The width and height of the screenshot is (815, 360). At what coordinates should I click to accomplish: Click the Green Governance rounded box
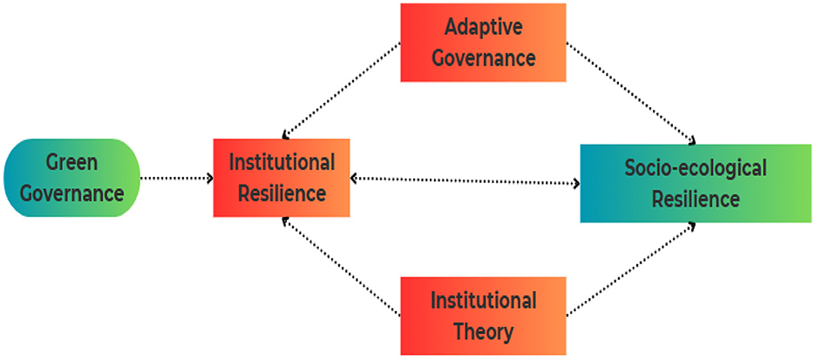[71, 178]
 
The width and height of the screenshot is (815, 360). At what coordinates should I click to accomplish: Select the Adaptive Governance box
[482, 43]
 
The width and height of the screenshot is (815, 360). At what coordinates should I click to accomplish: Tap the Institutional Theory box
[482, 316]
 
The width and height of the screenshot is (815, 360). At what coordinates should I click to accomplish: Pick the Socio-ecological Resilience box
[695, 183]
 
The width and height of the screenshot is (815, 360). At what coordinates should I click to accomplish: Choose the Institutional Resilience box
[281, 178]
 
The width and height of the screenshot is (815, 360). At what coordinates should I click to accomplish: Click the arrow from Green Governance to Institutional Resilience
[177, 179]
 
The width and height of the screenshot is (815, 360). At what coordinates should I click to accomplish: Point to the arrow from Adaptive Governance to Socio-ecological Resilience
[629, 92]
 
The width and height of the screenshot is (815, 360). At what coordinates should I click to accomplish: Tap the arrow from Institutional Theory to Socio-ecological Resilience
[629, 268]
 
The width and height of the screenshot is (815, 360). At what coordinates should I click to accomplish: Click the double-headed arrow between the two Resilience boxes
[465, 181]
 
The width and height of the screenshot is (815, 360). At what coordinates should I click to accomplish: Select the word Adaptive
[484, 27]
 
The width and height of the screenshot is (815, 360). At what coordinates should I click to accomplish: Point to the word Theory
[484, 331]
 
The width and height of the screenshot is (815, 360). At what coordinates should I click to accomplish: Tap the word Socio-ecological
[695, 167]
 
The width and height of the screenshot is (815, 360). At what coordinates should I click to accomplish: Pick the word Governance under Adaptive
[484, 58]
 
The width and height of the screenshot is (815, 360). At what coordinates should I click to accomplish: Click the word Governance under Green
[72, 193]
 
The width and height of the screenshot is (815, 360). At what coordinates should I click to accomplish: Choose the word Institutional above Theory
[484, 302]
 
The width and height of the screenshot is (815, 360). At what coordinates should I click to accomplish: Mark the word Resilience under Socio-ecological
[695, 199]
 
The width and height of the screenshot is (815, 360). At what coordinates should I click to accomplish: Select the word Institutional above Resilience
[281, 163]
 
